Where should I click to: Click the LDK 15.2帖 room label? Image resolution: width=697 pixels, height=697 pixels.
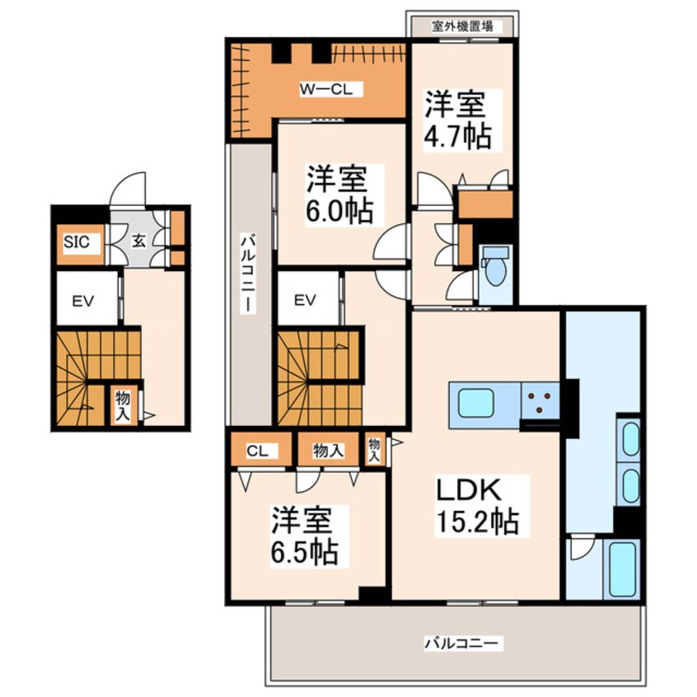point(476,505)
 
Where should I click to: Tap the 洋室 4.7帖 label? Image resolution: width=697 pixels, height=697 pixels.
point(457,121)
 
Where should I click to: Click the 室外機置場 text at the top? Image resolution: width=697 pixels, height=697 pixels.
point(462,26)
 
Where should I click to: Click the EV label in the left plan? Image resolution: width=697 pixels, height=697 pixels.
point(80,301)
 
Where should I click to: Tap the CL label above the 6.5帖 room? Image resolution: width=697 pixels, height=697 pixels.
point(256,451)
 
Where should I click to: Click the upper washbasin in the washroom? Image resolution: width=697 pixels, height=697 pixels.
point(630,438)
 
